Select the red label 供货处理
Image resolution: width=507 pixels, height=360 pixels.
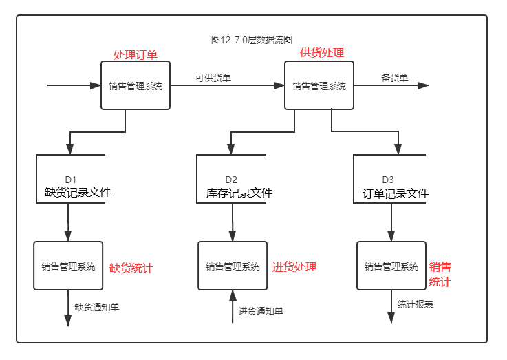[321, 53]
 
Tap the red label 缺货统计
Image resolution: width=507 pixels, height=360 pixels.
[131, 268]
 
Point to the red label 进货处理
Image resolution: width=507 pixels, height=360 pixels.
[294, 267]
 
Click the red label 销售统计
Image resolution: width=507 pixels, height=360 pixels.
[440, 275]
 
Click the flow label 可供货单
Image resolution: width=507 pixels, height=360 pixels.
[213, 78]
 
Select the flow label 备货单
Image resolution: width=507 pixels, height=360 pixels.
[395, 78]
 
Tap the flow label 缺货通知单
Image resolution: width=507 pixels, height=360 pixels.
[97, 307]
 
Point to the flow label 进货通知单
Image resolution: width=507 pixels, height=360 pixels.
[261, 311]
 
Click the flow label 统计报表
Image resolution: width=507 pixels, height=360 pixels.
[416, 304]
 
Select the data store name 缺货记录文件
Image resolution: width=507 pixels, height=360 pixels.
[78, 193]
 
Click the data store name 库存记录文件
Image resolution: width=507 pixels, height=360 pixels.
[239, 193]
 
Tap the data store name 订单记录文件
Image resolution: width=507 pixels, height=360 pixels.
[396, 193]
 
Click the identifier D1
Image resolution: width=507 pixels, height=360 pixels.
[72, 180]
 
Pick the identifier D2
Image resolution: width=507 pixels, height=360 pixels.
[231, 180]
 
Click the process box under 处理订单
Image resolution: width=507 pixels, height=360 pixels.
[136, 86]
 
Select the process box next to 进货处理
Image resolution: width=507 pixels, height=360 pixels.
[233, 266]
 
